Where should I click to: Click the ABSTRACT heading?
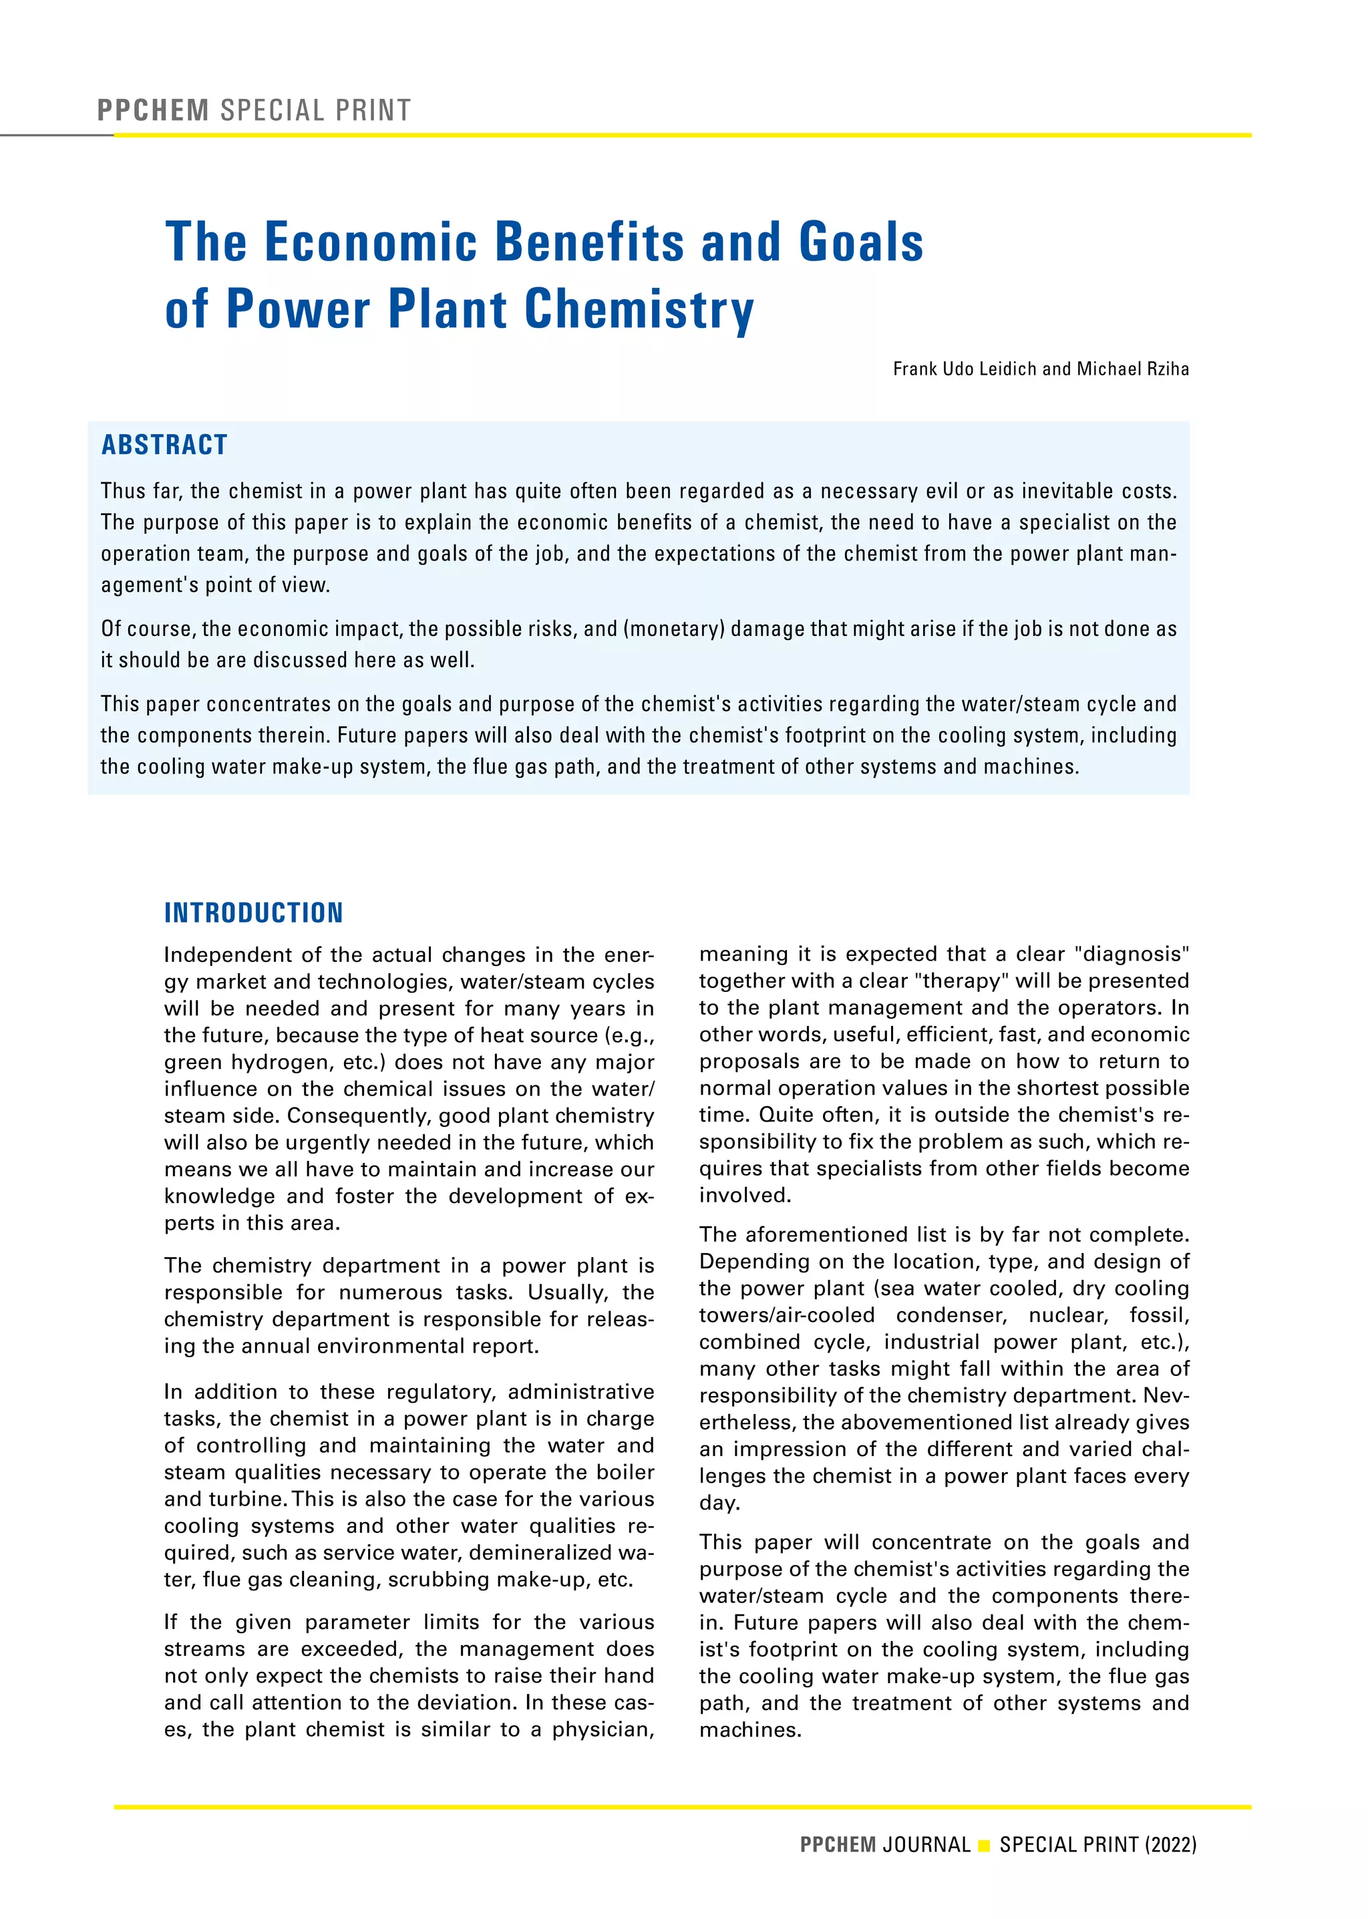tap(164, 445)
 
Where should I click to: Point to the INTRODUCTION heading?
tap(254, 912)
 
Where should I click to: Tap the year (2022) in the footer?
tap(1170, 1845)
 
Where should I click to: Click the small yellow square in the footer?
tap(984, 1846)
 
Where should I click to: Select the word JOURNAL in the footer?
tap(926, 1845)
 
